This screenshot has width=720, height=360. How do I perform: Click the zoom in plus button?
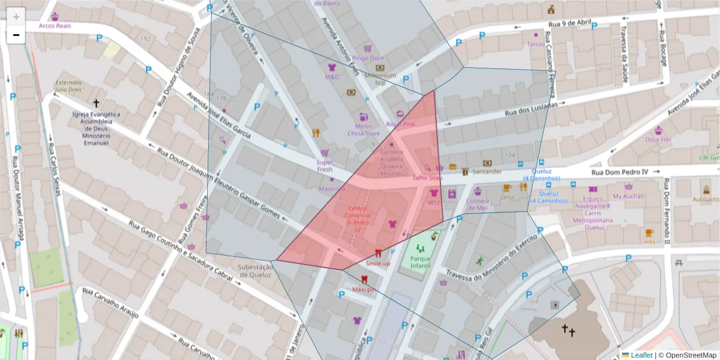16,17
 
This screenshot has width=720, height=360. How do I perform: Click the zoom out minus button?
16,35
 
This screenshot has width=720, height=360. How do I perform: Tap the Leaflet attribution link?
641,355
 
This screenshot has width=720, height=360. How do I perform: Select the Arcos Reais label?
55,26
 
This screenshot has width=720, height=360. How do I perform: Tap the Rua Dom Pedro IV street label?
620,172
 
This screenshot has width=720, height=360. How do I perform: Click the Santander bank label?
487,172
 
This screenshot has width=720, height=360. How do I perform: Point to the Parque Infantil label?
421,262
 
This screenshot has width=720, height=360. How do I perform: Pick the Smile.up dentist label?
378,263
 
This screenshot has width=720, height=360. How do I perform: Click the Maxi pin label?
364,289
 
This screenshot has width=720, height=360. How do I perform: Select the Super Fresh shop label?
324,166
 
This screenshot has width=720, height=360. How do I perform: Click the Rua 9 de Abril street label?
569,24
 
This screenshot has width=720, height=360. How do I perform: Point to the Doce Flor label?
658,139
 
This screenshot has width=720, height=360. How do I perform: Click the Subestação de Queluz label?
256,271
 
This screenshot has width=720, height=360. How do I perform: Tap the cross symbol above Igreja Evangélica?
96,103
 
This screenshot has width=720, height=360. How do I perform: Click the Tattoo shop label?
535,44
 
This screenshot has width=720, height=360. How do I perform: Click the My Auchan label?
628,196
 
